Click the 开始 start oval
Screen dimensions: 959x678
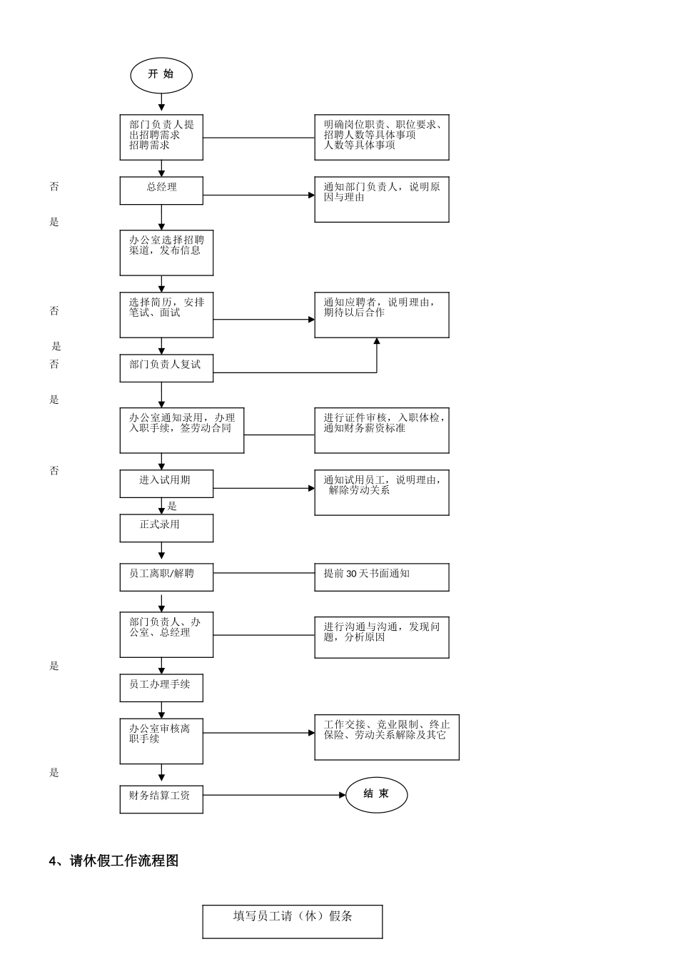pos(161,75)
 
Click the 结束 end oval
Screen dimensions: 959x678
pos(376,795)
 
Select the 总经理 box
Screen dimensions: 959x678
pos(161,191)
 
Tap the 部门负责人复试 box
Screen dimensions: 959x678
pos(166,367)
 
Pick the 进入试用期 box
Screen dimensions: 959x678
pos(166,483)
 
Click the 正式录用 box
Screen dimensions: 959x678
pos(166,528)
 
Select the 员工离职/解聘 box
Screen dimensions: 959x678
pos(166,577)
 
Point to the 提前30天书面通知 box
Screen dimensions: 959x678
pos(381,577)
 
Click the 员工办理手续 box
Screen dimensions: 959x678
pos(161,688)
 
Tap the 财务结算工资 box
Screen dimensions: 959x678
pos(161,799)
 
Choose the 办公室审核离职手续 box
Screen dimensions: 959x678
pos(161,741)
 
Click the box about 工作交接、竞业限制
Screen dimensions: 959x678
pos(386,737)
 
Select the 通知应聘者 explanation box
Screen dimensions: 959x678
pos(381,315)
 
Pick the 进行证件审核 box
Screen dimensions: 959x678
pos(381,430)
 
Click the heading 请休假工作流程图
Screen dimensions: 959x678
pos(113,861)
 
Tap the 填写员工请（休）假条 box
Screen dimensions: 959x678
pos(293,921)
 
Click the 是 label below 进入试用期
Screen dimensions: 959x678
pos(172,507)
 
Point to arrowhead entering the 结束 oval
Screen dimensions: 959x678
pos(342,795)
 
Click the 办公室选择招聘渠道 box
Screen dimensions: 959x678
pos(166,253)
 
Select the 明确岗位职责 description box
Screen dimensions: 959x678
pos(381,138)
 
